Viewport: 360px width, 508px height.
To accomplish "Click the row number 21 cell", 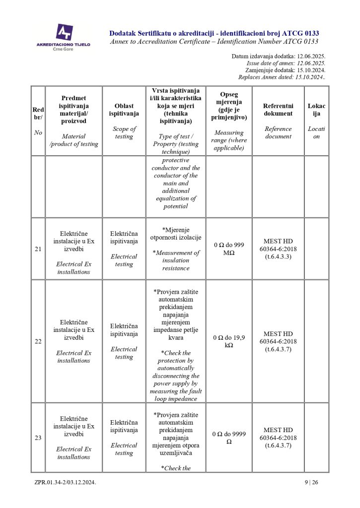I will [x=38, y=249].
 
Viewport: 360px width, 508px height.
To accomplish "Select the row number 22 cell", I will [x=38, y=341].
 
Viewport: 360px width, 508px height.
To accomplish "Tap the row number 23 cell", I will [x=38, y=438].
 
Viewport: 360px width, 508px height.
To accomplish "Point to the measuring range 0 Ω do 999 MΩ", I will [x=229, y=249].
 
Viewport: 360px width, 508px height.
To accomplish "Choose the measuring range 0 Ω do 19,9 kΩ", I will [x=229, y=341].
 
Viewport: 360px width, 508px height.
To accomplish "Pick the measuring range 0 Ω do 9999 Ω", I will [x=229, y=438].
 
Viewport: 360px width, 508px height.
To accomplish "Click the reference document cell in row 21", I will [x=278, y=249].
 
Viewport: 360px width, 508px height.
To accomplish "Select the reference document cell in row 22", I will [x=278, y=341].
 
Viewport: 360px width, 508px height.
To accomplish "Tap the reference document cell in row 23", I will [x=278, y=438].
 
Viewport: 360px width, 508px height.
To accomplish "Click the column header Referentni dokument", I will [x=278, y=110].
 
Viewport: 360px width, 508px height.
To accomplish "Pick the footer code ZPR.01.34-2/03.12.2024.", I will [x=65, y=482].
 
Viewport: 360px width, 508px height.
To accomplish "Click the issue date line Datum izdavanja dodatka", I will [x=278, y=57].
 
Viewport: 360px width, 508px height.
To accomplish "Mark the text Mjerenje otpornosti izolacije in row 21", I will [x=176, y=233].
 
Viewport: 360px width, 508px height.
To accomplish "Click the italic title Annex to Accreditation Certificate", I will [x=214, y=42].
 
